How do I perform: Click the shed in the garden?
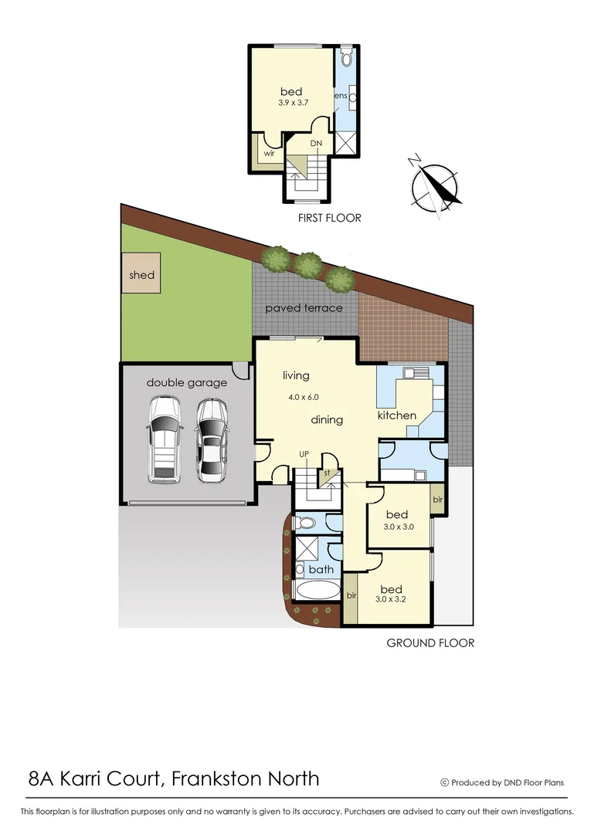(x=141, y=274)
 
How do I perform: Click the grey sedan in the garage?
(x=211, y=440)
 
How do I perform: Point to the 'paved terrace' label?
(x=304, y=308)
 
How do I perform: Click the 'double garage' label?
(x=186, y=382)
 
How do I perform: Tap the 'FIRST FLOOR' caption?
(x=330, y=219)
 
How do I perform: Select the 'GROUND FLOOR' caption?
(x=430, y=642)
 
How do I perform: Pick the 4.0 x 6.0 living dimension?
(x=302, y=397)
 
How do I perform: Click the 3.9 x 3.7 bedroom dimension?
(x=291, y=103)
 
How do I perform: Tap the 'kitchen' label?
(x=396, y=415)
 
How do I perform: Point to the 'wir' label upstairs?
(x=269, y=154)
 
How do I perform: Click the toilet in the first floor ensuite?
(x=345, y=59)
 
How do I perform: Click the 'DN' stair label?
(x=316, y=144)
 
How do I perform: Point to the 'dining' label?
(x=327, y=420)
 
